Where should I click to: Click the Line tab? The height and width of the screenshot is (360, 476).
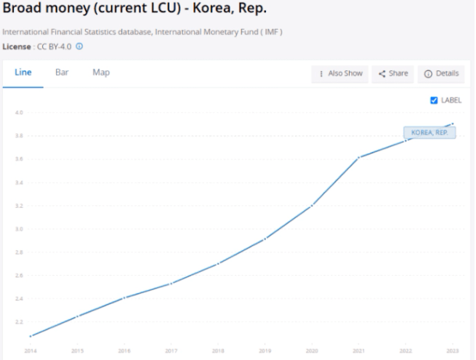click(x=23, y=73)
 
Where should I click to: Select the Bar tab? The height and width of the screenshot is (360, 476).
click(x=62, y=73)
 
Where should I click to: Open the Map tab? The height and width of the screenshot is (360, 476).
click(x=100, y=73)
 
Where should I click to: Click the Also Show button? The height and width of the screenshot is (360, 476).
click(x=340, y=73)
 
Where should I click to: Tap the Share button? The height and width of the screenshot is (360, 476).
click(x=392, y=73)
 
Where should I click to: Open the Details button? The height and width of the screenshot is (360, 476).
click(x=443, y=73)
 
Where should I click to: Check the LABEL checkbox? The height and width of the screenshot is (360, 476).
click(x=433, y=100)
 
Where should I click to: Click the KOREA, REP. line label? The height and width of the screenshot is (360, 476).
click(x=429, y=133)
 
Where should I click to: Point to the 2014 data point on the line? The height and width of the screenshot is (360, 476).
click(x=31, y=336)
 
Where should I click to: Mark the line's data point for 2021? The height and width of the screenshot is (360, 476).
click(x=358, y=157)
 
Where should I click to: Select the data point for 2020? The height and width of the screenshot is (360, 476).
click(x=312, y=206)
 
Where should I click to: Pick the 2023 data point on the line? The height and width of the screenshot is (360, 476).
click(x=452, y=124)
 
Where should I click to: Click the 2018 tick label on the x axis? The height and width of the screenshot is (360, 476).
click(x=217, y=351)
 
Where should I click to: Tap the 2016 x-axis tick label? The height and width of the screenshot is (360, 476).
click(x=124, y=351)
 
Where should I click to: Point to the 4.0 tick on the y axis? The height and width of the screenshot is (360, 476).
click(x=20, y=113)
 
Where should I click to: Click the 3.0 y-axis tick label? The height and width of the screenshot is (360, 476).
click(x=20, y=229)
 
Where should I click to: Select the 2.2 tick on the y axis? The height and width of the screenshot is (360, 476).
click(x=20, y=321)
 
